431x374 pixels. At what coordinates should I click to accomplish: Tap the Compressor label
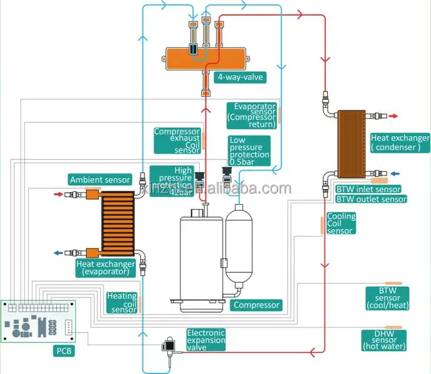(256, 306)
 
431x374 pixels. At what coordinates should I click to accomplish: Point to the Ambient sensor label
(100, 180)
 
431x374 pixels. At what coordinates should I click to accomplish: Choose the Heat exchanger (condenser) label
(400, 142)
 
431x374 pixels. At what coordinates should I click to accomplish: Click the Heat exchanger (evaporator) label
(106, 267)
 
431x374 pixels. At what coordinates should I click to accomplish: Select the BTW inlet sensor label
(368, 189)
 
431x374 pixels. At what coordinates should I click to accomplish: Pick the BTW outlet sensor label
(371, 200)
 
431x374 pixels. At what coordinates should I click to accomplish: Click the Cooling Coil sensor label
(341, 223)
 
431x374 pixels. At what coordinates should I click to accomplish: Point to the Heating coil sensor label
(122, 302)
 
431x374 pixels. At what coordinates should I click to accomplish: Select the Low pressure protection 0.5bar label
(249, 151)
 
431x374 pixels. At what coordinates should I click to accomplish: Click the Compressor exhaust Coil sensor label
(177, 141)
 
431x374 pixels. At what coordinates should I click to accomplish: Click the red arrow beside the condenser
(393, 116)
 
